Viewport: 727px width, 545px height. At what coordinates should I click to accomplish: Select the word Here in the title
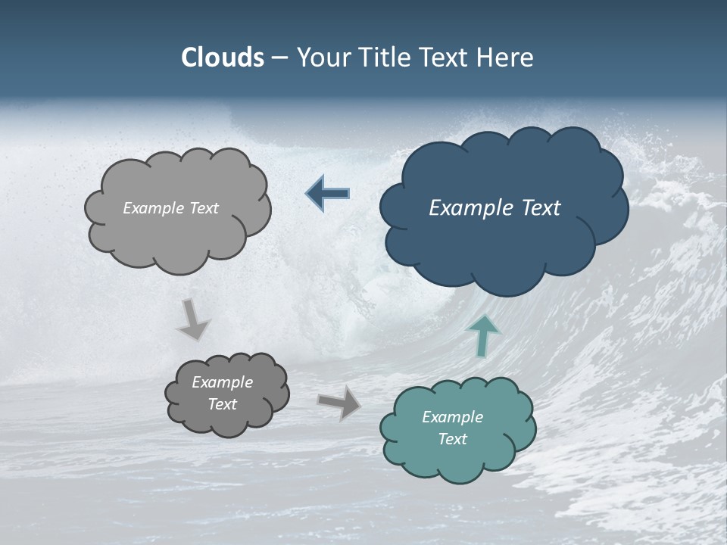[507, 58]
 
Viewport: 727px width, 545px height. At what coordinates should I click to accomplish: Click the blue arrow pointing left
[328, 194]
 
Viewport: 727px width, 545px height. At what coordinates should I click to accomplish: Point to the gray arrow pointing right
[339, 402]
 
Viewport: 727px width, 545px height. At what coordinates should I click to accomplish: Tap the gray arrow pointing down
[192, 319]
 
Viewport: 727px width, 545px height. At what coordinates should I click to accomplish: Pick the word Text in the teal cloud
[452, 439]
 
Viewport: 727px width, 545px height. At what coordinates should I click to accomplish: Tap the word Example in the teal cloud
[452, 417]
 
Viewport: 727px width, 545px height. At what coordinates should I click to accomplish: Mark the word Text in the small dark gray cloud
[222, 404]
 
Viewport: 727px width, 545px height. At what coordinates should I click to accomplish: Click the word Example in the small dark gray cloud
[222, 382]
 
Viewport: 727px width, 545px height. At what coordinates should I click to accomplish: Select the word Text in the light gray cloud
[202, 208]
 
